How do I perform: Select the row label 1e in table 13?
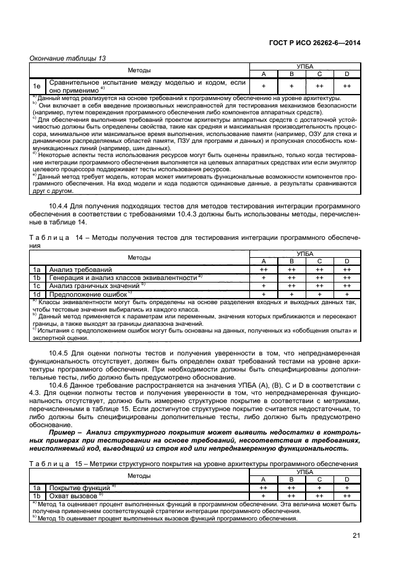point(37,86)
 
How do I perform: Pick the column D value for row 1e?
point(347,86)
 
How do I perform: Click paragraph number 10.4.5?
point(62,352)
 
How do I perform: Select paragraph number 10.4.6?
point(62,384)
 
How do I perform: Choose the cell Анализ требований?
point(80,270)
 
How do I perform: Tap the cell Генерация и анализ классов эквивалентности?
point(123,278)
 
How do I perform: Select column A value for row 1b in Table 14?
point(264,278)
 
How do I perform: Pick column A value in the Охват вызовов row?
point(264,496)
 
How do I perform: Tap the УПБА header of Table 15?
point(305,472)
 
